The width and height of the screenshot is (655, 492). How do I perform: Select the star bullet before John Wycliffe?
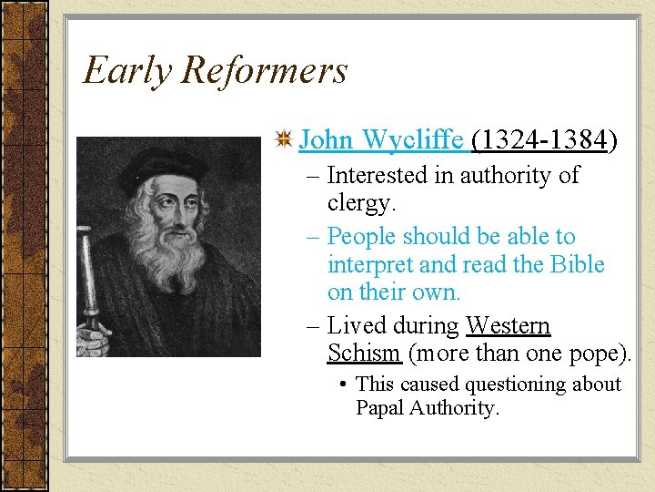(x=284, y=140)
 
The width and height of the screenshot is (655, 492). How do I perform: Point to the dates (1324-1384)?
(x=544, y=140)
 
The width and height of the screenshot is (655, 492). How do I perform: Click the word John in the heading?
(x=327, y=140)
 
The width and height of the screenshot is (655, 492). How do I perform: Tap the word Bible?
(x=576, y=264)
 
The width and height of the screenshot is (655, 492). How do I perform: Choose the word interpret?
(x=368, y=264)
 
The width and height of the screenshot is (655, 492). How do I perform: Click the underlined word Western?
(x=508, y=325)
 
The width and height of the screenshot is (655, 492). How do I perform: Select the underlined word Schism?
(x=363, y=354)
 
